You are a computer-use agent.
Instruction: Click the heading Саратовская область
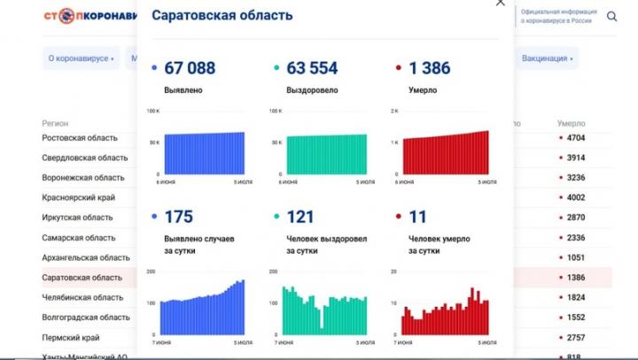coord(222,16)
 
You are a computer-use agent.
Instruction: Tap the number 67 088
coord(190,68)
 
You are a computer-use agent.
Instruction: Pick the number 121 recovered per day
coord(300,217)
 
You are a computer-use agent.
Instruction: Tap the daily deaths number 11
coord(416,217)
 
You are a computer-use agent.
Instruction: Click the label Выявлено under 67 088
coord(183,90)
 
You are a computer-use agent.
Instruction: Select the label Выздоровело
coord(309,90)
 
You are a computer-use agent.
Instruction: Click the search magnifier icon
coord(612,16)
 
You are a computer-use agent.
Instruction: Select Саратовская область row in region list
coord(82,278)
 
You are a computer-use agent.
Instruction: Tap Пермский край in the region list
coord(71,338)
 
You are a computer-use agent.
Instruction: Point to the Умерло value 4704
coord(575,138)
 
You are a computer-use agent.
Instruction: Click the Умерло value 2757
coord(575,338)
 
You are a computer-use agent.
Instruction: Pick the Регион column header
coord(55,123)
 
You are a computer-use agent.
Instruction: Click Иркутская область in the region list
coord(78,217)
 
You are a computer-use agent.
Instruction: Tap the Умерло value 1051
coord(575,257)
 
